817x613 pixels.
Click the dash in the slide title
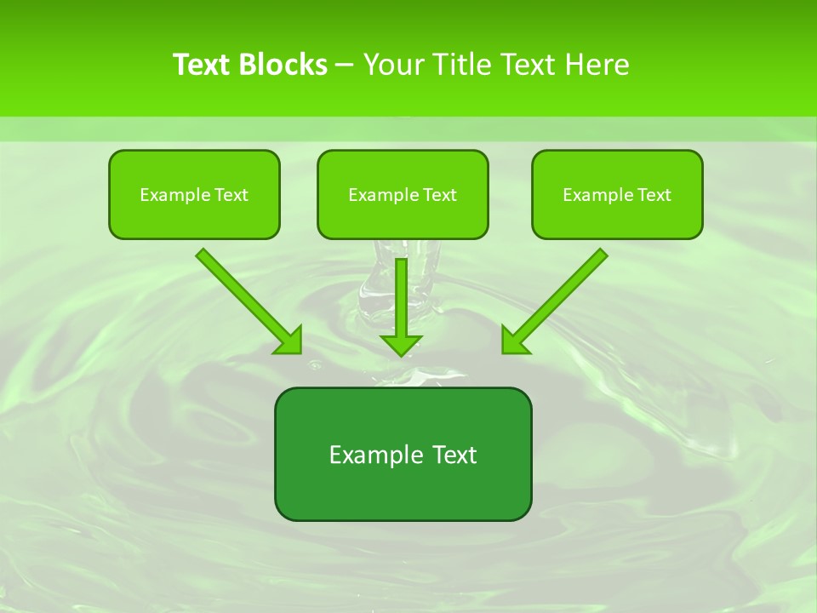click(x=345, y=65)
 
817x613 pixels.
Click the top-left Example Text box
click(x=194, y=194)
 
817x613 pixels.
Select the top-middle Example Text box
click(x=403, y=194)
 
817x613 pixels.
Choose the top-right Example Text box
click(x=617, y=194)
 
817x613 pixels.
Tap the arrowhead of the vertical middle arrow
click(x=401, y=344)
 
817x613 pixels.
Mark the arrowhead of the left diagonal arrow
click(x=290, y=341)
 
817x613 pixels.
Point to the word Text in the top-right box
click(x=654, y=195)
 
